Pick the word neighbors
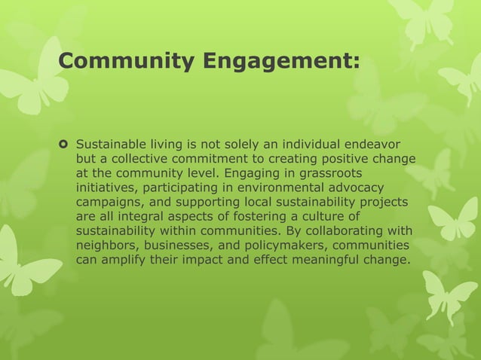pyautogui.click(x=106, y=246)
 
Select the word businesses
pyautogui.click(x=179, y=246)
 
